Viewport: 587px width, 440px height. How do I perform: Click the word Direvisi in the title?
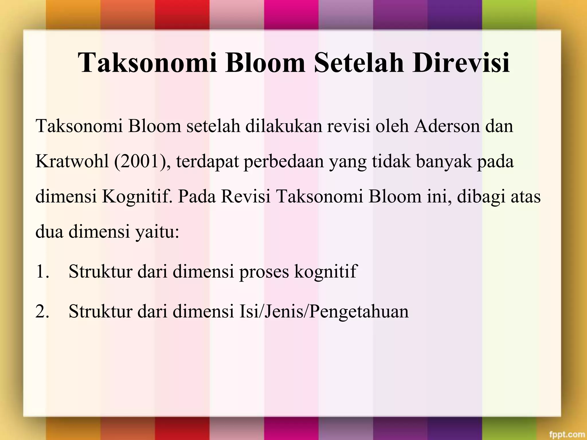(461, 62)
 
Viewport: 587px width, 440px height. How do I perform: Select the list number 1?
(42, 271)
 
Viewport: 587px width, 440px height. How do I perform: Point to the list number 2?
(42, 311)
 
